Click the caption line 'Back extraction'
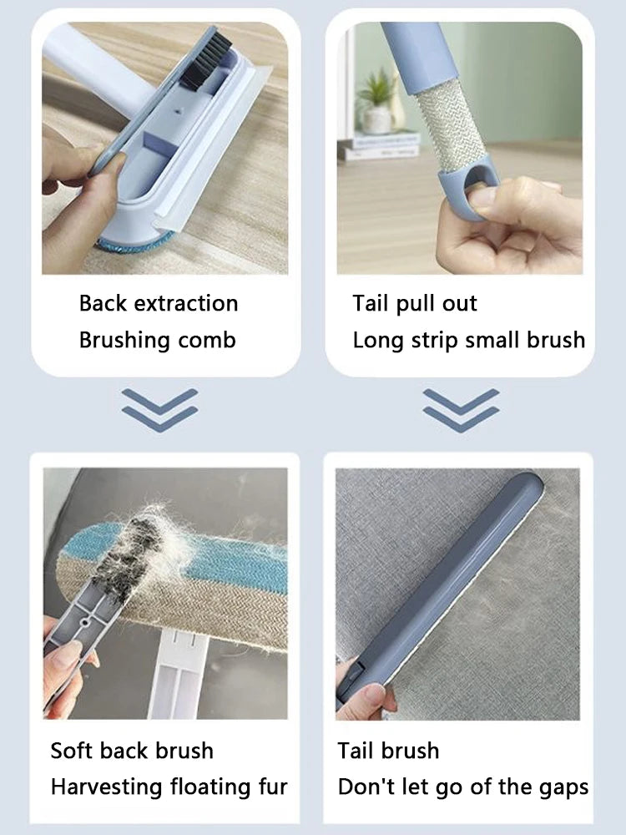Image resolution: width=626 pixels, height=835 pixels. point(159,303)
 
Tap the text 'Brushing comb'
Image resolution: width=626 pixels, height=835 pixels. point(157,341)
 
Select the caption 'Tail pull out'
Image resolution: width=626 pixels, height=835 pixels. point(414,303)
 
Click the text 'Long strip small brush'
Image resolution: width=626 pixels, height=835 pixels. point(468,341)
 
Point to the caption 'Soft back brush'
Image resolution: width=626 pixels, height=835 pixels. point(132,751)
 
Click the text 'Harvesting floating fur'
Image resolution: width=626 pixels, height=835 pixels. point(169,787)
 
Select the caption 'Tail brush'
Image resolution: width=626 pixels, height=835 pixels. point(388,751)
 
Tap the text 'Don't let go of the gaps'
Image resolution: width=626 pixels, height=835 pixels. point(462,787)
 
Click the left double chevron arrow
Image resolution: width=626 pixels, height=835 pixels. point(159,409)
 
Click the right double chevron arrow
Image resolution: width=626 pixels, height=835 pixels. point(461,409)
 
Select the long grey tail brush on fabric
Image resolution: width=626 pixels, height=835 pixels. point(442,584)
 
